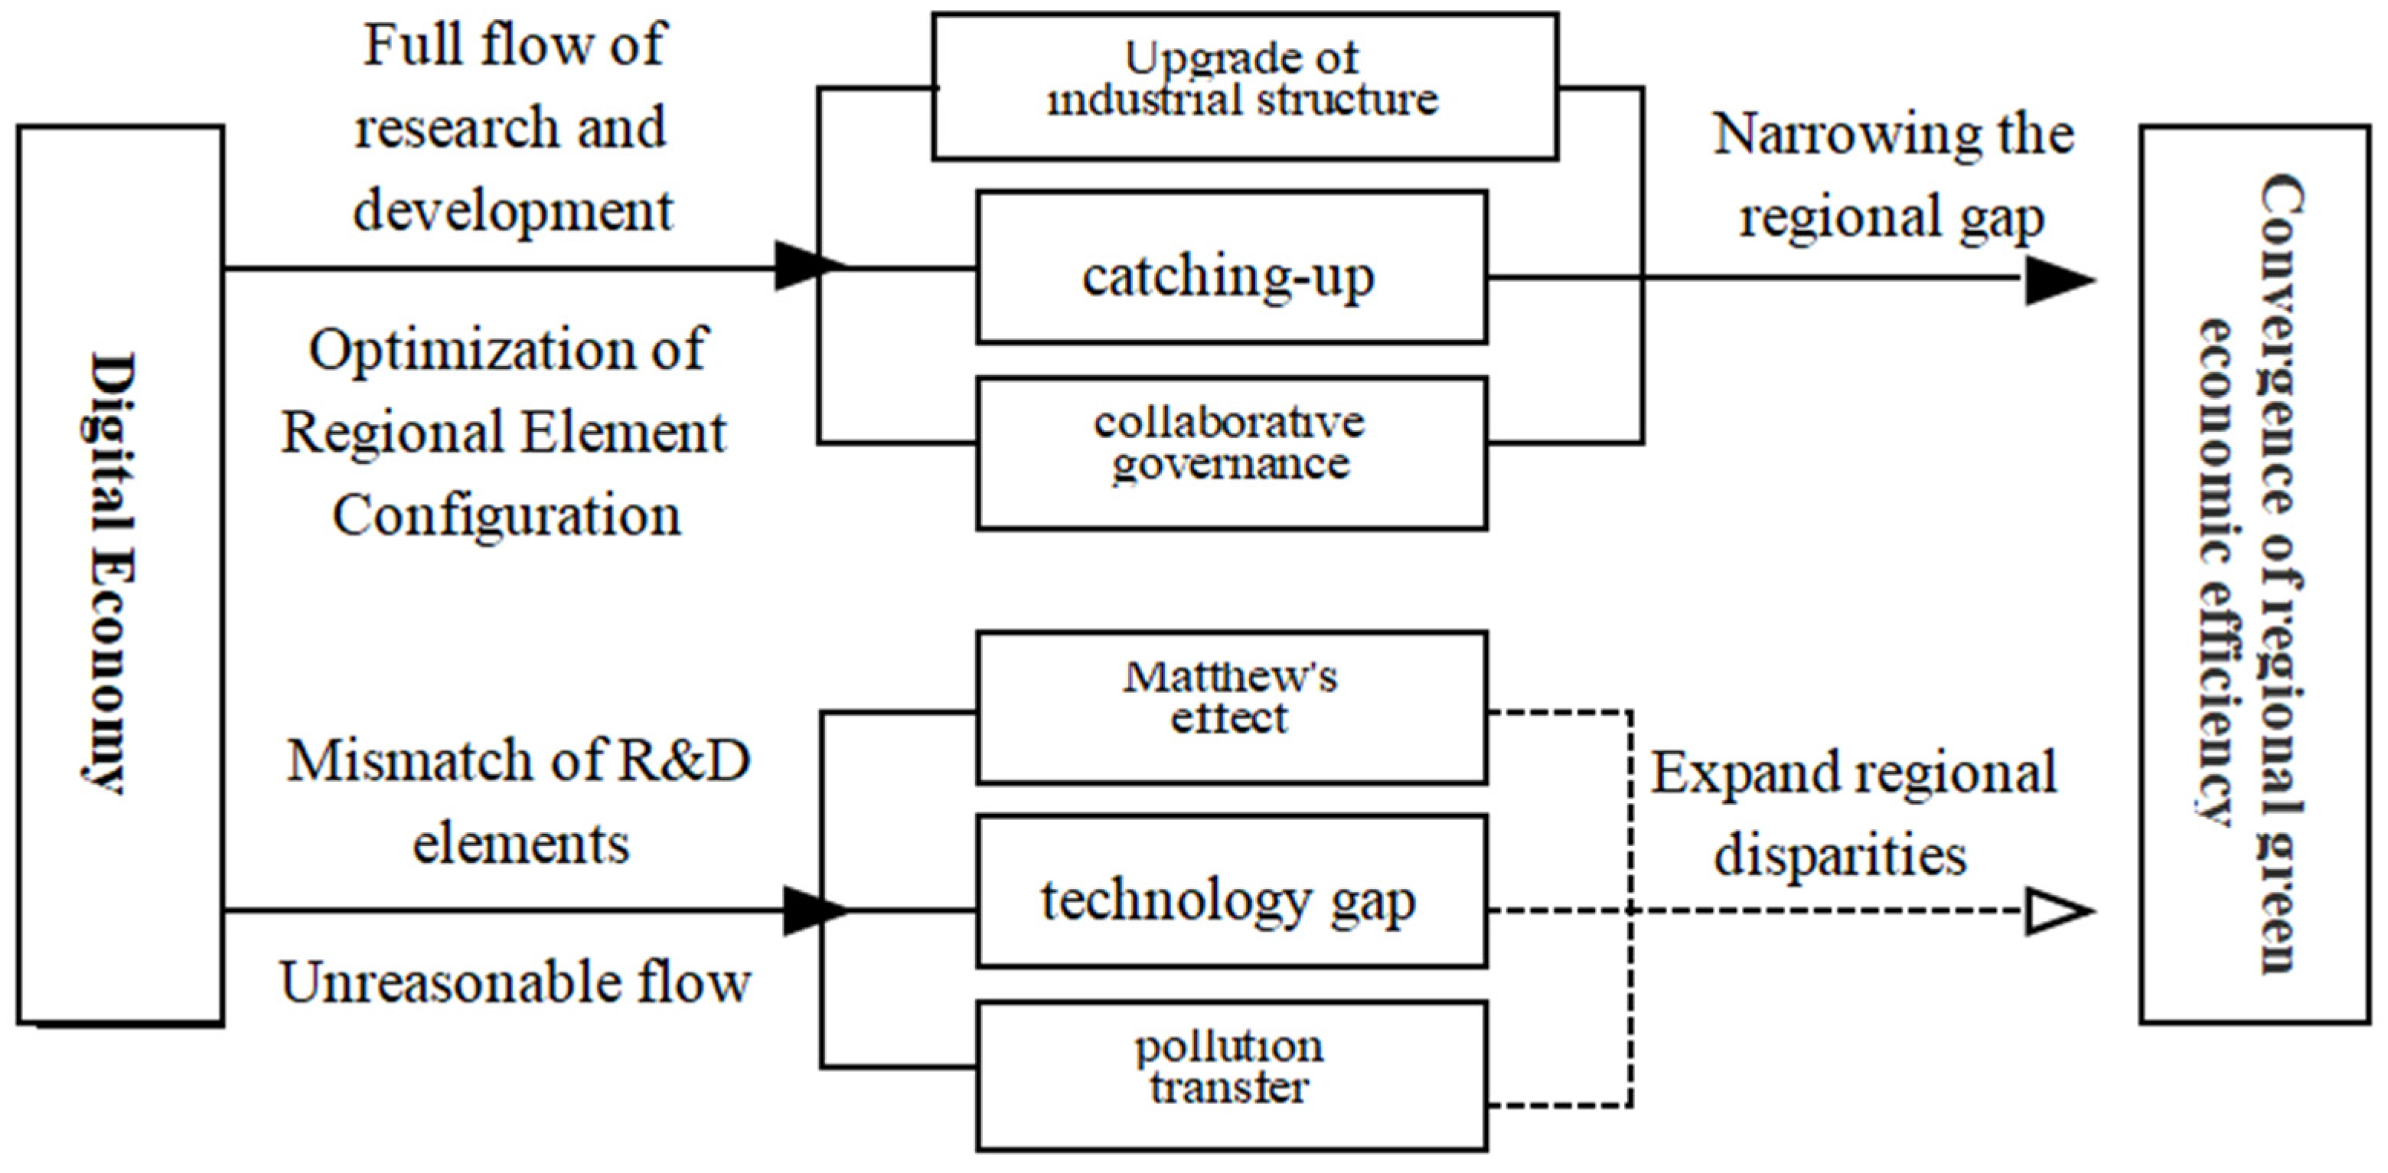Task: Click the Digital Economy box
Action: [x=119, y=574]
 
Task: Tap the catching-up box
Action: [x=1231, y=268]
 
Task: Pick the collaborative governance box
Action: [x=1231, y=453]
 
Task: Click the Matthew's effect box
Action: [x=1231, y=707]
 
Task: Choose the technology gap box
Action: [x=1231, y=892]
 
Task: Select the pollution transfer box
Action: [x=1231, y=1076]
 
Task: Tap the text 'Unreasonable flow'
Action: [x=514, y=983]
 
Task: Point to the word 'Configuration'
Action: [x=506, y=515]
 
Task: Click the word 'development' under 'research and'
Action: [x=513, y=211]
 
